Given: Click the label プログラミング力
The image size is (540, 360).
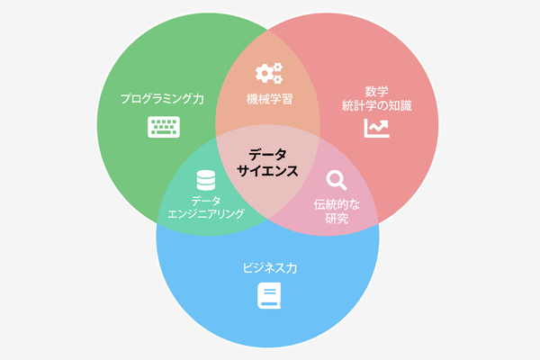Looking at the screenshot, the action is click(162, 99).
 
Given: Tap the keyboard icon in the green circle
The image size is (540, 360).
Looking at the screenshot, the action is click(164, 127).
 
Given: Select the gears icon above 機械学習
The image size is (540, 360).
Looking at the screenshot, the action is click(269, 73).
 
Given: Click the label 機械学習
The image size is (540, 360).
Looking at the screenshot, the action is click(269, 99).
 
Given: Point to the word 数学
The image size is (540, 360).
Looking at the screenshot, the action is click(377, 91).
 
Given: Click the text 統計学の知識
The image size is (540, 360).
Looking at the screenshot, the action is click(377, 105).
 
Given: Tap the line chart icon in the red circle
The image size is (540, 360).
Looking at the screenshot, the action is click(377, 128).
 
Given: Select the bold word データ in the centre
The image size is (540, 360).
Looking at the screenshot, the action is click(267, 154).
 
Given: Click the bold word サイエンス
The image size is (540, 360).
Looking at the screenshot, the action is click(267, 171).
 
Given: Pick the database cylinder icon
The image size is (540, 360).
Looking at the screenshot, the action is click(206, 180).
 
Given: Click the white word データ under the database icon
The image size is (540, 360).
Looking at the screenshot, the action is click(206, 201).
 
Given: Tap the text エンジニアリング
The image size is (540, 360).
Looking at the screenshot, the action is click(206, 214).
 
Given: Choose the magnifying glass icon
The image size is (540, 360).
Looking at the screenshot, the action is click(336, 181).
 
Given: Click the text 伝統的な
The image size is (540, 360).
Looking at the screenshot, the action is click(337, 204).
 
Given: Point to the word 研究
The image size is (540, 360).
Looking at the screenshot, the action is click(337, 219).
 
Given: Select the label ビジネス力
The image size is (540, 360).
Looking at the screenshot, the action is click(270, 268).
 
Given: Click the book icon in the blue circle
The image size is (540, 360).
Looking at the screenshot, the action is click(269, 295).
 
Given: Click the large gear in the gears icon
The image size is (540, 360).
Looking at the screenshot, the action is click(264, 74).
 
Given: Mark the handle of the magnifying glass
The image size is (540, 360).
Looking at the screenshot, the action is click(343, 186).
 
